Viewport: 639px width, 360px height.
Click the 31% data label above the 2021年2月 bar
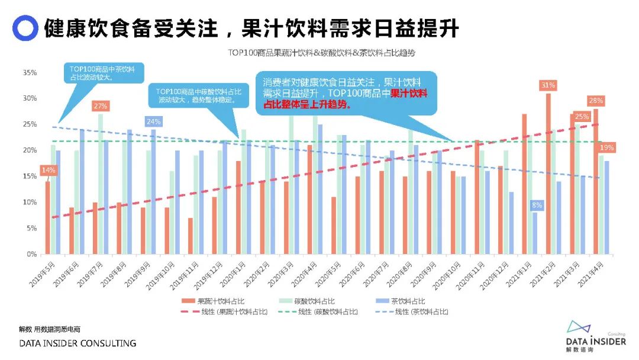[548, 85]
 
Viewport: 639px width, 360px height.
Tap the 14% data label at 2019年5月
[48, 171]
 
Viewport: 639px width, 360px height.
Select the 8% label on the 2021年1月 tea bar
[536, 205]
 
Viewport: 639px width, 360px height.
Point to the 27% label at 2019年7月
[100, 106]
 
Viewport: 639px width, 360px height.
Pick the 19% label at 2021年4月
[606, 147]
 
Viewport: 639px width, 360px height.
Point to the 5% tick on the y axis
[31, 228]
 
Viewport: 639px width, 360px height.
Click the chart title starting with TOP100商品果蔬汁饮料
[322, 53]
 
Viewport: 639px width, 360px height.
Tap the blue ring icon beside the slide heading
[25, 27]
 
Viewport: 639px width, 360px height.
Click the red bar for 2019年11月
[190, 236]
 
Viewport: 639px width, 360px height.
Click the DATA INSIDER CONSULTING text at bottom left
[78, 343]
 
